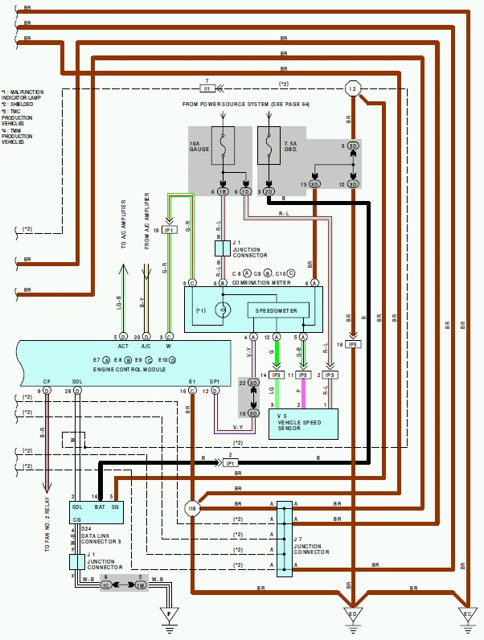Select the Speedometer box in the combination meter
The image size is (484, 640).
[277, 310]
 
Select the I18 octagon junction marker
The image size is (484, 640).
[192, 508]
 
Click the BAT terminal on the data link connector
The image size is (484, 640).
[100, 508]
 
